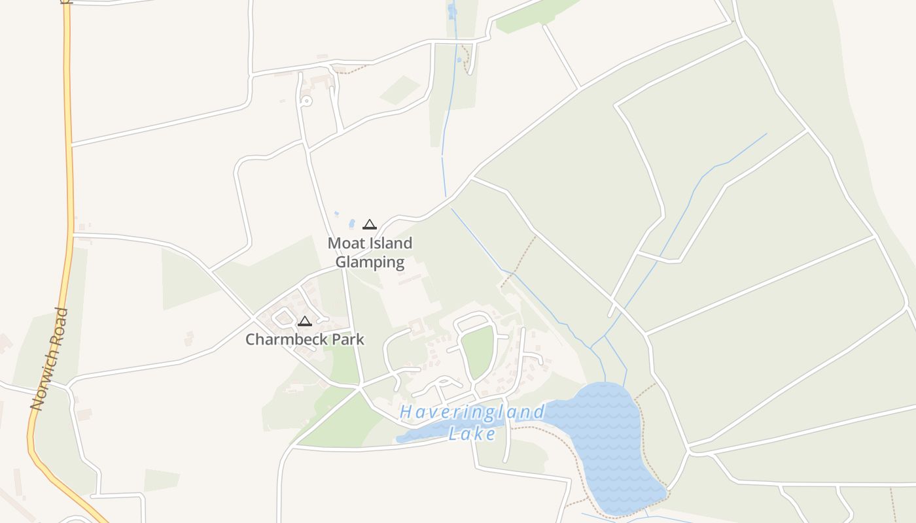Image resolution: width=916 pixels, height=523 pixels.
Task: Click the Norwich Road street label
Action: click(50, 360)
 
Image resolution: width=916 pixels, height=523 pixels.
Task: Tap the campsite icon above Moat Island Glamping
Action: click(370, 225)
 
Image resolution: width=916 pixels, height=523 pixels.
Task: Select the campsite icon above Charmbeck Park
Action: click(304, 321)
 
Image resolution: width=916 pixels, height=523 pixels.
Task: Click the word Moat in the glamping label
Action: click(343, 243)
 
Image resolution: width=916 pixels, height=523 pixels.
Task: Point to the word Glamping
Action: click(370, 263)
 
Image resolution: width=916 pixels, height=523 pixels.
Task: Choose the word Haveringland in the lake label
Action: click(472, 413)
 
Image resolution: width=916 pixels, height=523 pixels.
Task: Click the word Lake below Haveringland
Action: click(472, 433)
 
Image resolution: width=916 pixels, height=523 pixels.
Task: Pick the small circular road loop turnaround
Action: click(306, 101)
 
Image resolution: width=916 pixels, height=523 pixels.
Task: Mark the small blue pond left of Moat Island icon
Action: click(352, 224)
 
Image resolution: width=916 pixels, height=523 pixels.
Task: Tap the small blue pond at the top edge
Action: click(451, 10)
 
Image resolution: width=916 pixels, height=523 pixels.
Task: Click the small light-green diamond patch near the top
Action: click(400, 90)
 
